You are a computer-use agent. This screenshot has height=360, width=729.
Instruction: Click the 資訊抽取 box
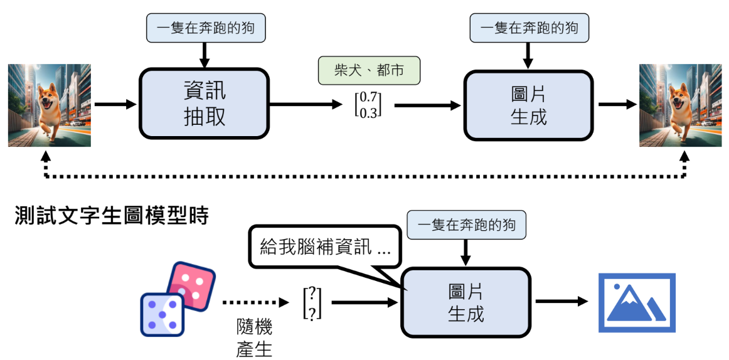pos(204,103)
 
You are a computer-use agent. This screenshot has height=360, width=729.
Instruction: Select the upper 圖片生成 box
pos(528,105)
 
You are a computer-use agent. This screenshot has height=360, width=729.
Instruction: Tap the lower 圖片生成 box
pos(466,302)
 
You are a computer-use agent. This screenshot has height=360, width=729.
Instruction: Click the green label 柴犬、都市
pos(369,70)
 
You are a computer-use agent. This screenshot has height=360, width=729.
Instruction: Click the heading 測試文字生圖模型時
pos(112,217)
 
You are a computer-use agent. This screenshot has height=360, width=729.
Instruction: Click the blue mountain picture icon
pos(637,302)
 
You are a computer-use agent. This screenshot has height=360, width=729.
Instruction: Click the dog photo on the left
pos(50,105)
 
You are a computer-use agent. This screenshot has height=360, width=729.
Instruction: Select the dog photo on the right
pos(680,105)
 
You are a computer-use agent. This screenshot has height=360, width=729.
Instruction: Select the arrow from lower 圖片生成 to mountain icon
pos(561,302)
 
